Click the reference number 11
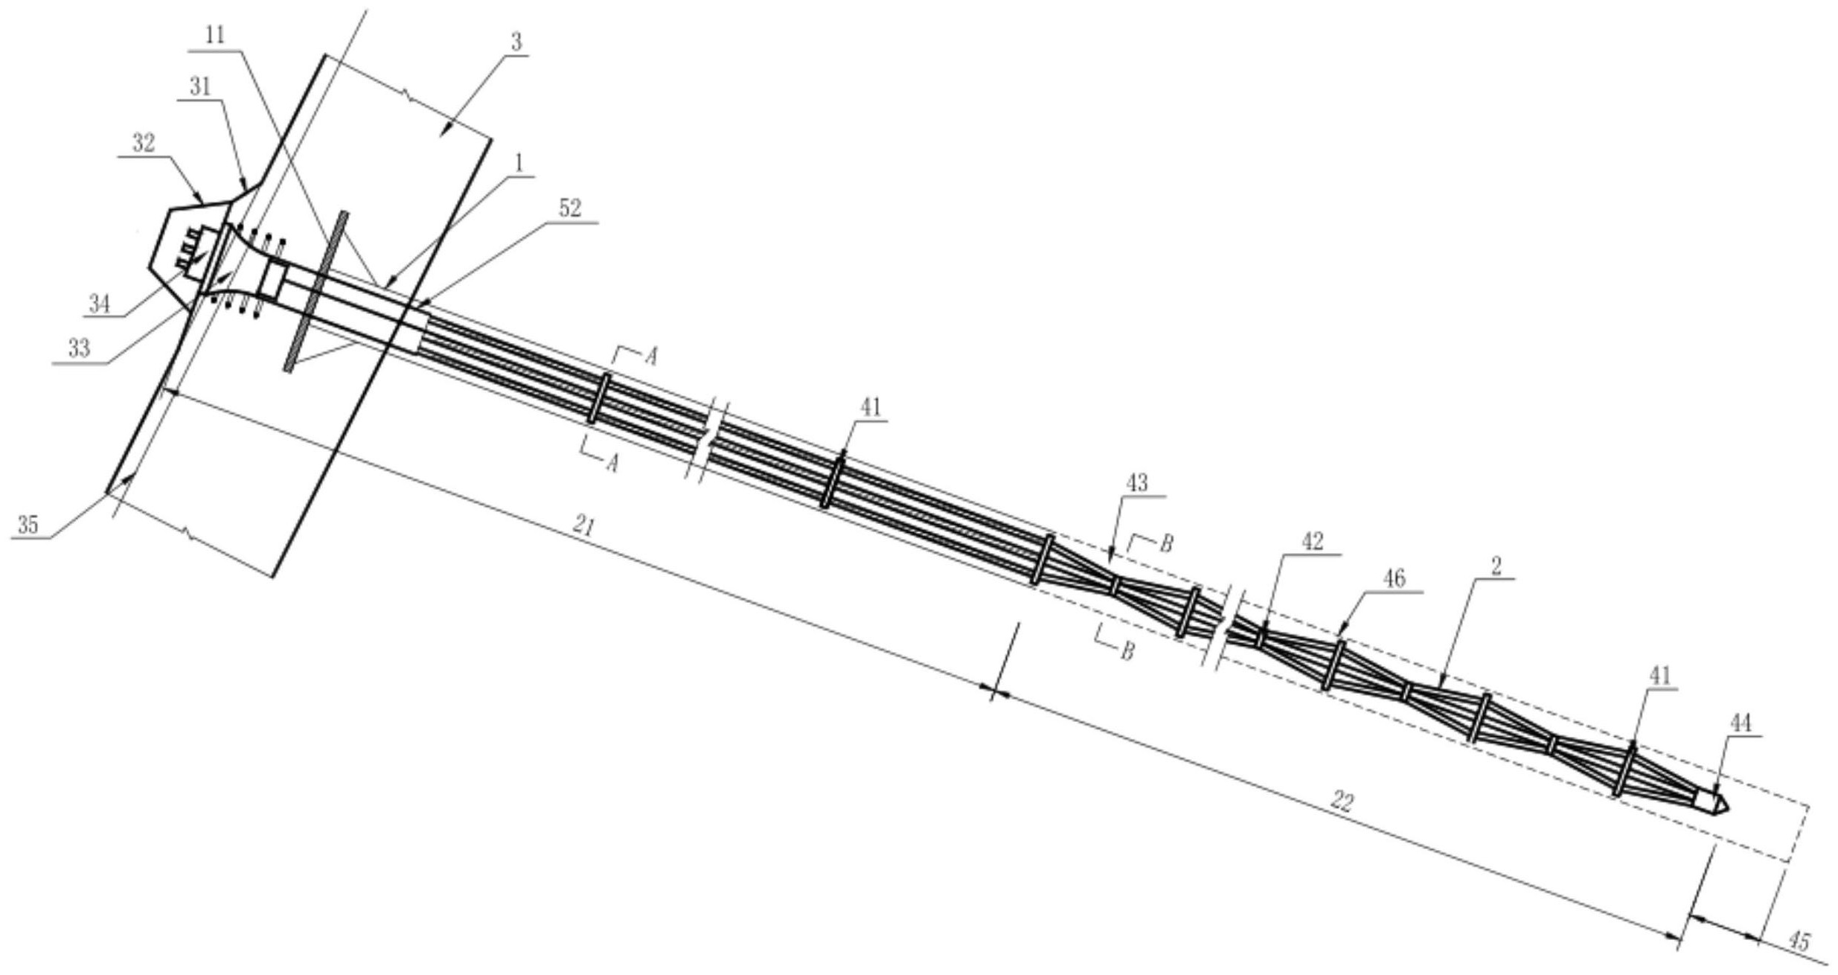pos(216,35)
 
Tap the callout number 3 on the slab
pos(516,42)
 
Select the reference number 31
pos(200,87)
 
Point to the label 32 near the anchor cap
pos(144,143)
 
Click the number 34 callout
pos(99,304)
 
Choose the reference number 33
pos(79,348)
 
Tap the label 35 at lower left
pos(28,525)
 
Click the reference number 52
pos(570,209)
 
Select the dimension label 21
pos(585,527)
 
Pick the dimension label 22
pos(1342,802)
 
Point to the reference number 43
pos(1136,483)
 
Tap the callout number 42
pos(1313,542)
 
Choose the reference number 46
pos(1394,579)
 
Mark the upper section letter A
pos(650,357)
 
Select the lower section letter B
pos(1127,653)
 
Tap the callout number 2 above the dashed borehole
pos(1497,566)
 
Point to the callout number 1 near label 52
pos(520,163)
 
